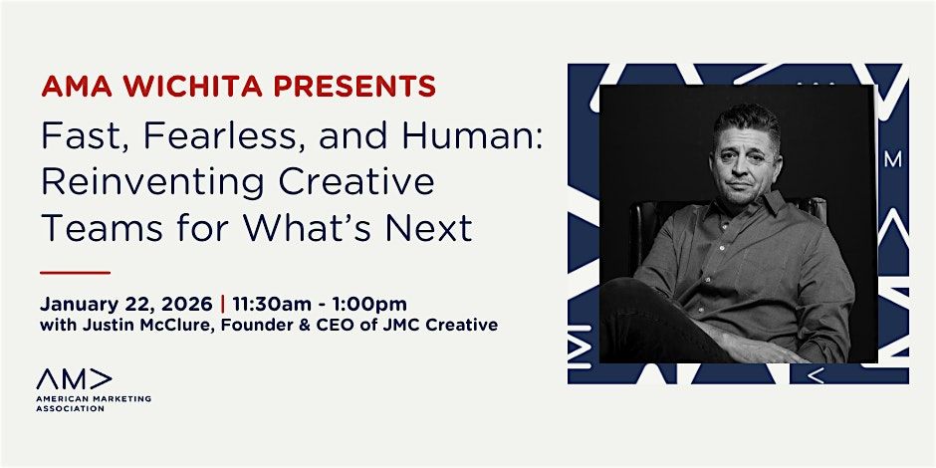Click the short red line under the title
[x=75, y=271]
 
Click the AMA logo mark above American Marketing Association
[x=75, y=378]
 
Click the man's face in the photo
[x=746, y=161]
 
